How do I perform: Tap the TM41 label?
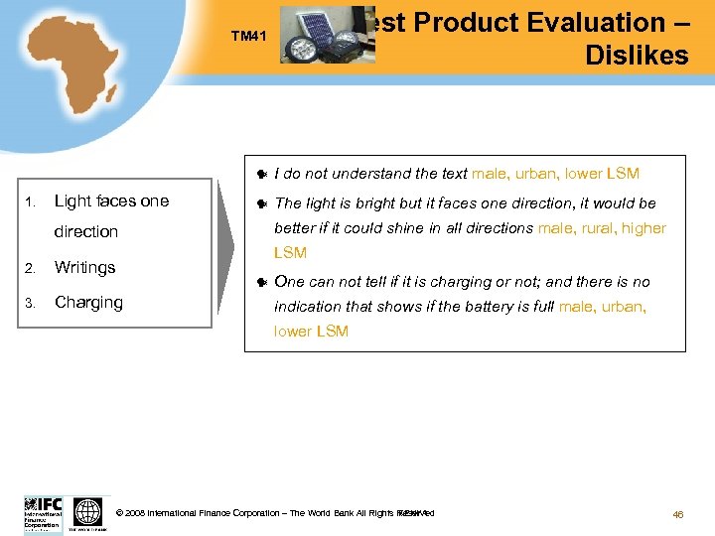[x=250, y=37]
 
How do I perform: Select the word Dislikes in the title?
[x=637, y=56]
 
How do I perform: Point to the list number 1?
[x=31, y=202]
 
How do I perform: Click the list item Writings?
[x=84, y=267]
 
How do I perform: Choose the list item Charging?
[x=88, y=302]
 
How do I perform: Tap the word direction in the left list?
[x=85, y=231]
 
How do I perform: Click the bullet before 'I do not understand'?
[x=260, y=175]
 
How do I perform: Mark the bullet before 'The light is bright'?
[x=260, y=204]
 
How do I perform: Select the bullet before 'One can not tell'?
[x=260, y=283]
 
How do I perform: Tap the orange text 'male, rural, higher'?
[x=601, y=228]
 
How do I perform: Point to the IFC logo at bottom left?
[x=44, y=513]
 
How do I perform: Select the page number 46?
[x=678, y=514]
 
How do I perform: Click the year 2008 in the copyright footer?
[x=135, y=513]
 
